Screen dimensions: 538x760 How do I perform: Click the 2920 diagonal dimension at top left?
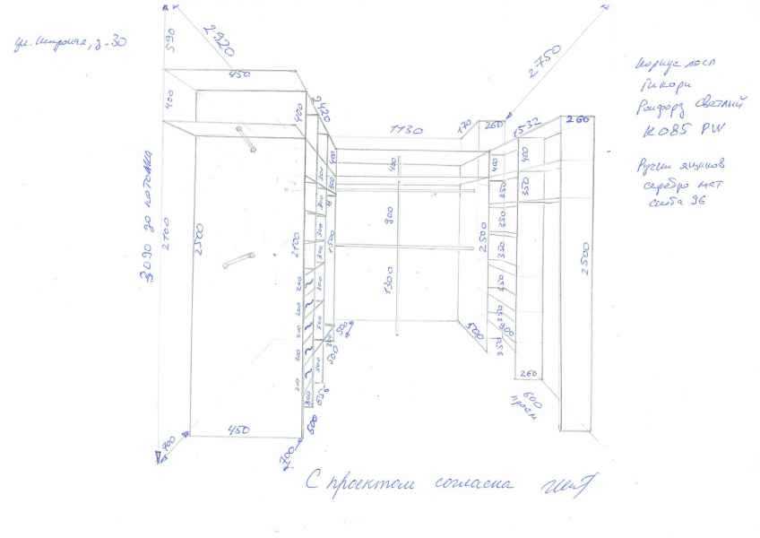coord(219,39)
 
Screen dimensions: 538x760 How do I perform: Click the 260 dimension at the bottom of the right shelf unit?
coord(528,373)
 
